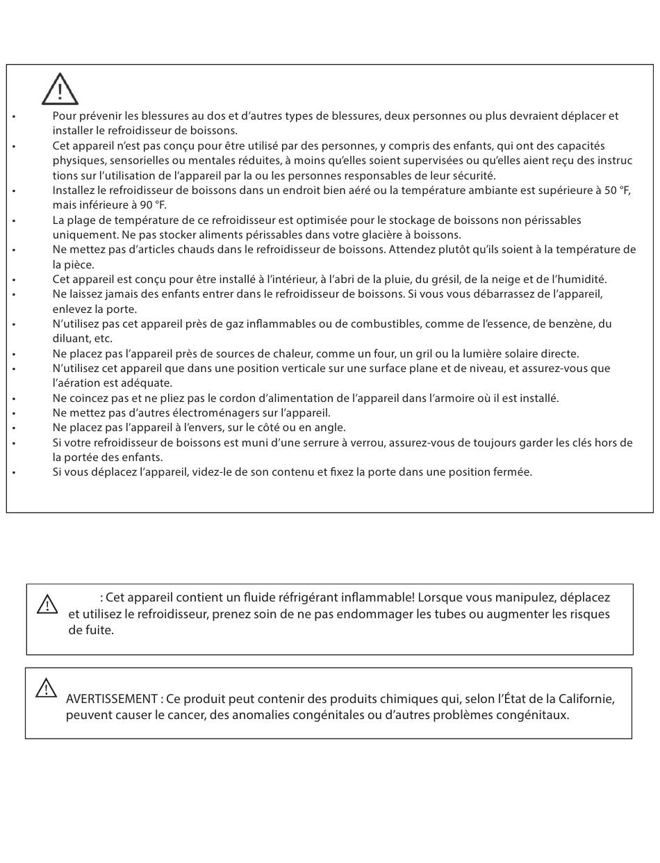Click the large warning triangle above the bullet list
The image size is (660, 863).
click(x=60, y=89)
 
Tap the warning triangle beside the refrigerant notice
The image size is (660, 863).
click(x=47, y=604)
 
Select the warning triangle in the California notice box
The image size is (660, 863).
click(x=46, y=688)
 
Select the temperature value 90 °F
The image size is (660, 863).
click(x=151, y=205)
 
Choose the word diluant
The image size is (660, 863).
click(x=72, y=339)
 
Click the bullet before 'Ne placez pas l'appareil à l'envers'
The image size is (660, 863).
click(x=14, y=428)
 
